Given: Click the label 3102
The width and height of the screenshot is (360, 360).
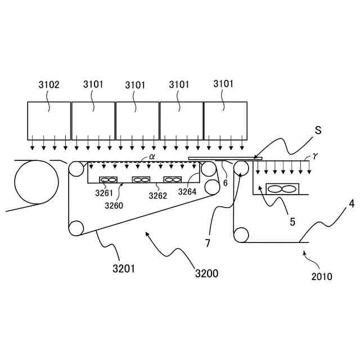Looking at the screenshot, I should [49, 85].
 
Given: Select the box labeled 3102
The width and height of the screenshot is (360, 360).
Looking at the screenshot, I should [49, 121].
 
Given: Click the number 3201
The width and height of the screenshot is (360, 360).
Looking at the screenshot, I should [123, 268].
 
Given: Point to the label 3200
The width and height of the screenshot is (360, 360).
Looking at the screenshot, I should [206, 274].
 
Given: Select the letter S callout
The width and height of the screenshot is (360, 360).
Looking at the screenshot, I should [318, 130].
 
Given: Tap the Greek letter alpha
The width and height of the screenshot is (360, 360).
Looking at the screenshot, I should [152, 158].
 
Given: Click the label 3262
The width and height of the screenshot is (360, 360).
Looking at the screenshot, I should [158, 196].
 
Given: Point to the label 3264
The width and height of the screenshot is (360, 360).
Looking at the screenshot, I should [187, 192].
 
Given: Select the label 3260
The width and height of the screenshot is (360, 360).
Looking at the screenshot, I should [114, 205].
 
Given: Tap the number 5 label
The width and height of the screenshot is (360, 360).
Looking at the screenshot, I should [292, 221].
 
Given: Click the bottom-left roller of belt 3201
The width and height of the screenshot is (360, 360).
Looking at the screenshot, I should [76, 228].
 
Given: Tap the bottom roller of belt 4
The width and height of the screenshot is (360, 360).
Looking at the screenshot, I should [241, 234].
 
